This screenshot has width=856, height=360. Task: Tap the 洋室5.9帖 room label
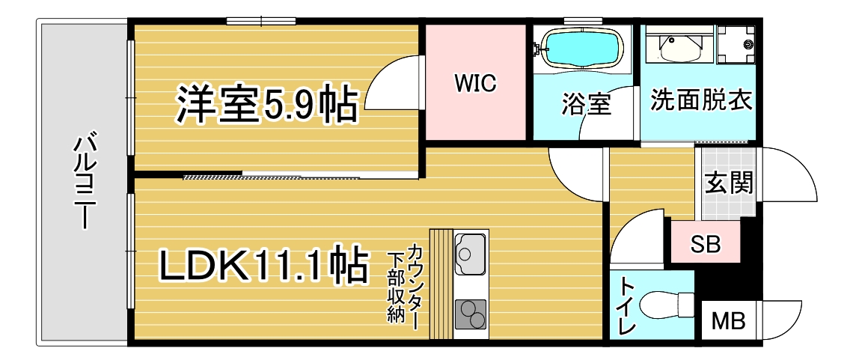tap(266, 104)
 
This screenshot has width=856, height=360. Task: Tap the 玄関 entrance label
tap(728, 182)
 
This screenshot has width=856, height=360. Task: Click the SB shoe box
tap(704, 243)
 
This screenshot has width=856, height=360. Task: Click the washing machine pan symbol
tap(736, 44)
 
